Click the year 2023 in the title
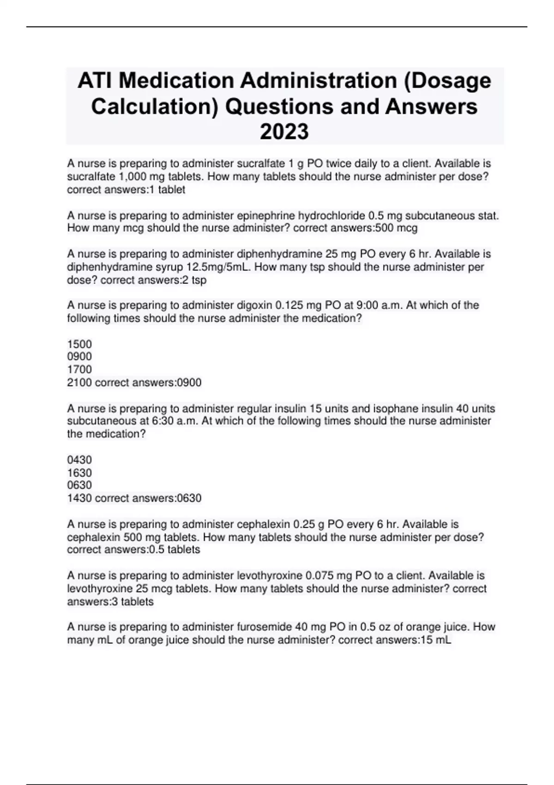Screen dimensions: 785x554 284,132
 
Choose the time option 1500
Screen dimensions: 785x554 79,344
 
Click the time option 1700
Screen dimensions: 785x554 79,369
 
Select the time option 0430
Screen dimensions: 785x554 79,460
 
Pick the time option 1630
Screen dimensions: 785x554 79,473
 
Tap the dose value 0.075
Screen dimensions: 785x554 319,576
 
